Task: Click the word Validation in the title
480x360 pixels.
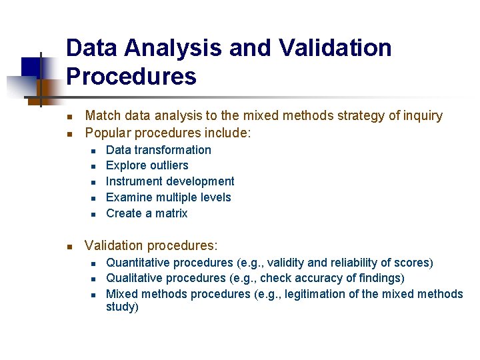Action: pyautogui.click(x=335, y=48)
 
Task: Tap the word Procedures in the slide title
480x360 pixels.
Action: pyautogui.click(x=131, y=77)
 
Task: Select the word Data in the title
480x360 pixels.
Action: pyautogui.click(x=92, y=48)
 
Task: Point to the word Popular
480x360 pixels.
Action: pyautogui.click(x=108, y=133)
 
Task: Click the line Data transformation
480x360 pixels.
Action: pyautogui.click(x=158, y=150)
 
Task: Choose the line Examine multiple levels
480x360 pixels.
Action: pyautogui.click(x=168, y=197)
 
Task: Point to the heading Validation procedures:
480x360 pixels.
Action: pyautogui.click(x=151, y=246)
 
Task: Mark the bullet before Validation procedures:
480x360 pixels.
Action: pyautogui.click(x=71, y=247)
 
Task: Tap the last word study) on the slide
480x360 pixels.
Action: pyautogui.click(x=122, y=307)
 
